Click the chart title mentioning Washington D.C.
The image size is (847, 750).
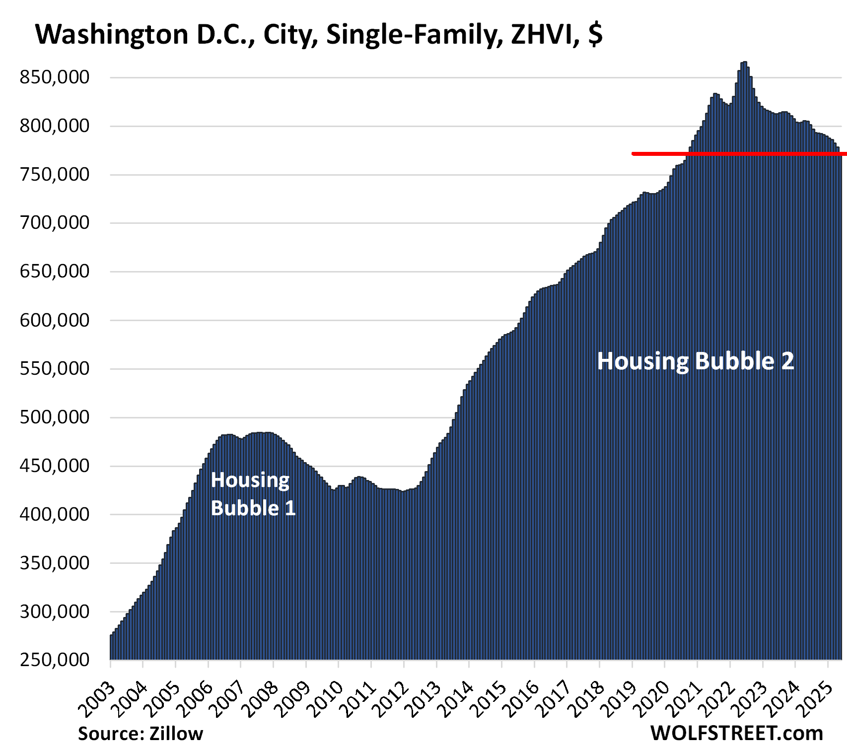coord(318,35)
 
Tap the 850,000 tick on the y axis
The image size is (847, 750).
coord(55,77)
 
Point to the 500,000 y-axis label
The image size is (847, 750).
coord(55,417)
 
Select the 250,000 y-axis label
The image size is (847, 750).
coord(55,660)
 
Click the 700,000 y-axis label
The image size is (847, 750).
coord(55,223)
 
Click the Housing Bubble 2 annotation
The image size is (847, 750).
coord(695,361)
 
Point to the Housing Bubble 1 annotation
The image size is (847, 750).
coord(253,494)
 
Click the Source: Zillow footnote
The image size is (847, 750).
coord(141,734)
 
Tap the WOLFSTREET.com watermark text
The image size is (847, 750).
coord(736,733)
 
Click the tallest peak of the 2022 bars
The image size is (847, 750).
coord(744,64)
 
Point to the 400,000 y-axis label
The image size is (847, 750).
coord(55,514)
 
